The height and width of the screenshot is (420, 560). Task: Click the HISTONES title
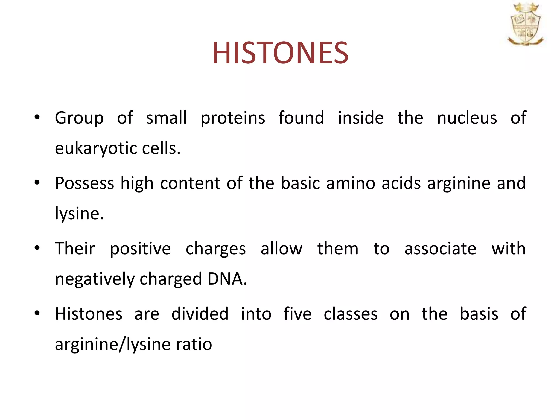point(280,53)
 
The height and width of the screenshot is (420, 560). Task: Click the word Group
point(79,118)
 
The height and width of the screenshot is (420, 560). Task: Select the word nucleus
point(467,118)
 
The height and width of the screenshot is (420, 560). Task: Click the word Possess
point(84,183)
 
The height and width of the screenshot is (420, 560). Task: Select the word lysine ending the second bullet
point(79,214)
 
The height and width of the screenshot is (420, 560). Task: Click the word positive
point(140,249)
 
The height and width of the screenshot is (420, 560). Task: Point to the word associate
point(440,249)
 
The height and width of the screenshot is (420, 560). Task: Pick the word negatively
point(95,279)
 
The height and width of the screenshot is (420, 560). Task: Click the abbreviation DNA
point(227,279)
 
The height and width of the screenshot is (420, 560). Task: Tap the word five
point(297,314)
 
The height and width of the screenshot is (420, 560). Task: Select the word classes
point(351,314)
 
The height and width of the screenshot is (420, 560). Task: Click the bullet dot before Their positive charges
point(37,248)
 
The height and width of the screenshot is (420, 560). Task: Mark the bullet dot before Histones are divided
point(37,313)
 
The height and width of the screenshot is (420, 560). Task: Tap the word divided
point(200,314)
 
